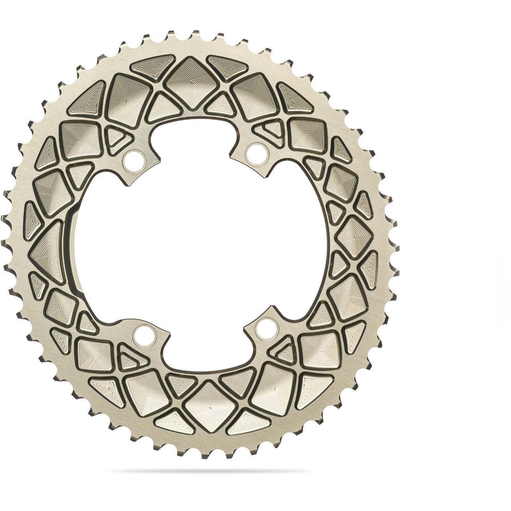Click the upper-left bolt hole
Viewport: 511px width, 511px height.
point(134,158)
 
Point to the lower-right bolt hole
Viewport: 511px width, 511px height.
point(264,325)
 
